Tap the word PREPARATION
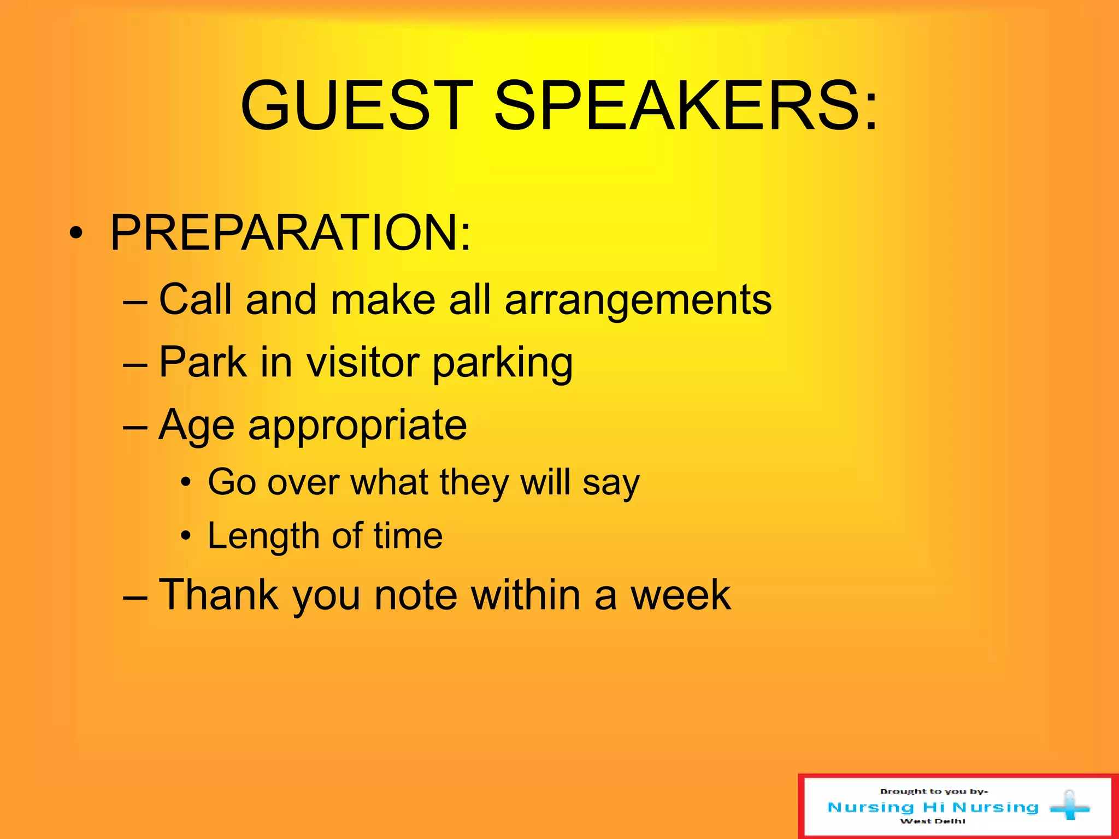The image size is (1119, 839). click(290, 233)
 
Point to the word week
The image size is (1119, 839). click(680, 595)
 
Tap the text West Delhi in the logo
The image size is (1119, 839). click(932, 821)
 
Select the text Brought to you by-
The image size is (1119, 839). click(934, 791)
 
